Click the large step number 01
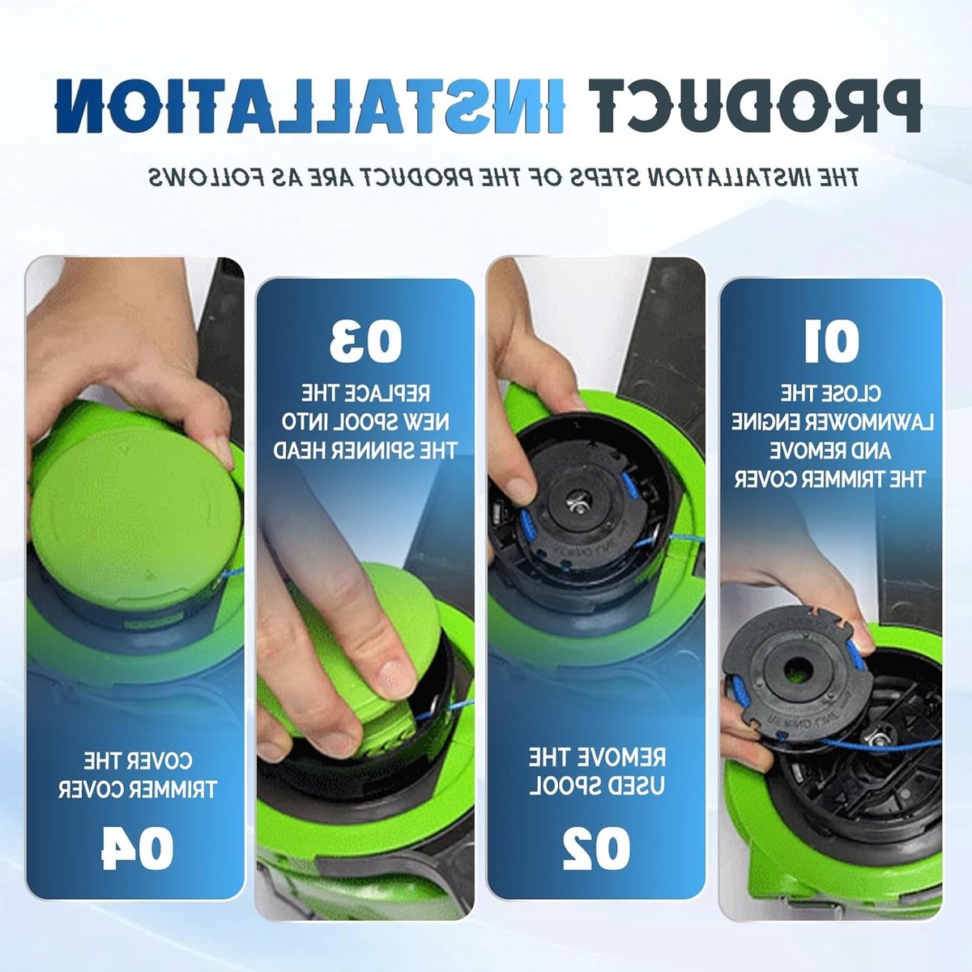coord(831,342)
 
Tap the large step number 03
coord(365,342)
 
